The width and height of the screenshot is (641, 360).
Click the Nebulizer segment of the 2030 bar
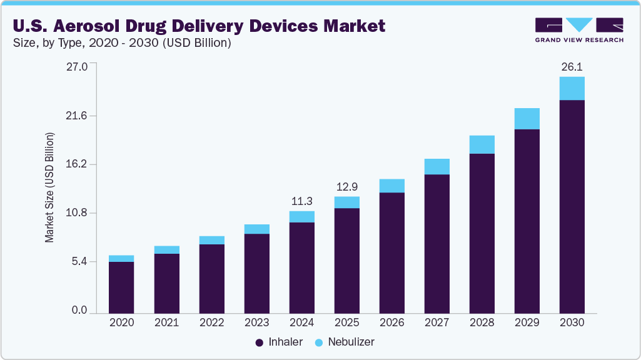pos(572,88)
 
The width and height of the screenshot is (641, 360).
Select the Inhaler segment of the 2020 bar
pos(121,287)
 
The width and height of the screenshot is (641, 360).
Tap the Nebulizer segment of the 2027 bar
pos(437,166)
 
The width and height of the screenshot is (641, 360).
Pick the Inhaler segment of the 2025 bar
pos(346,260)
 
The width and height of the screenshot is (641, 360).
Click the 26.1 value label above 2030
pos(572,66)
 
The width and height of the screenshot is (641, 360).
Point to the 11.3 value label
pos(301,201)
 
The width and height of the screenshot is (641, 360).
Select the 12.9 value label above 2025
pos(346,187)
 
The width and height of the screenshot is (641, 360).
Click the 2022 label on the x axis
pos(211,323)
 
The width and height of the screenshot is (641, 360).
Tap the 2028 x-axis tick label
pos(482,323)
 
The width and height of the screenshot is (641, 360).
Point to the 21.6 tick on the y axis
pos(78,116)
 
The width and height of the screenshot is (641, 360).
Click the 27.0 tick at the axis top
pos(78,66)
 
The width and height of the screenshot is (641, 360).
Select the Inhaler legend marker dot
pos(260,342)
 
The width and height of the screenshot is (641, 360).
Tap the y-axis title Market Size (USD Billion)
pos(49,187)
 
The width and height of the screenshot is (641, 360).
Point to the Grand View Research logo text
pos(578,40)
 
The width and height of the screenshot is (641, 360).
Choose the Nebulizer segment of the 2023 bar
pos(256,229)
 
